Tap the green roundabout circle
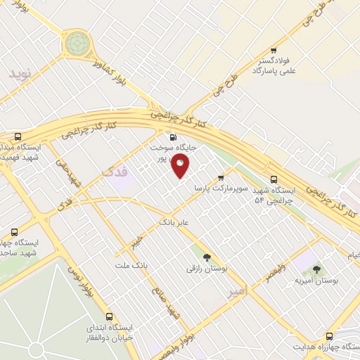click(77, 44)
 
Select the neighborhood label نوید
click(20, 73)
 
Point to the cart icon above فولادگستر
click(273, 50)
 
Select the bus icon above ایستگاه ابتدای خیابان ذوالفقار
click(109, 316)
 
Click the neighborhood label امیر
click(238, 290)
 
